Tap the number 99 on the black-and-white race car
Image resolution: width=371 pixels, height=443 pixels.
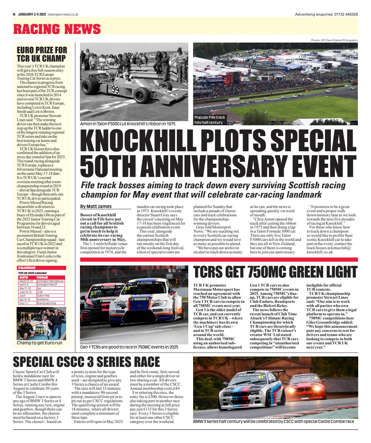[x=115, y=90]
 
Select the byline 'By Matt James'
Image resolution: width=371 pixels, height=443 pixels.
[x=96, y=206]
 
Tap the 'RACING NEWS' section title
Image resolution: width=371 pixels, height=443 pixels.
[x=57, y=29]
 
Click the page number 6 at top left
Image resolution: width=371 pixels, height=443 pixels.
[x=14, y=15]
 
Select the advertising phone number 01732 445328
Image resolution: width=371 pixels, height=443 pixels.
[x=345, y=15]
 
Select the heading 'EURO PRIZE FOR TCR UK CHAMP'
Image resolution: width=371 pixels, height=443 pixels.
[x=42, y=54]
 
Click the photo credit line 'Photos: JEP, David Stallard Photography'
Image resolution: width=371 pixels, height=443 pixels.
[x=334, y=40]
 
